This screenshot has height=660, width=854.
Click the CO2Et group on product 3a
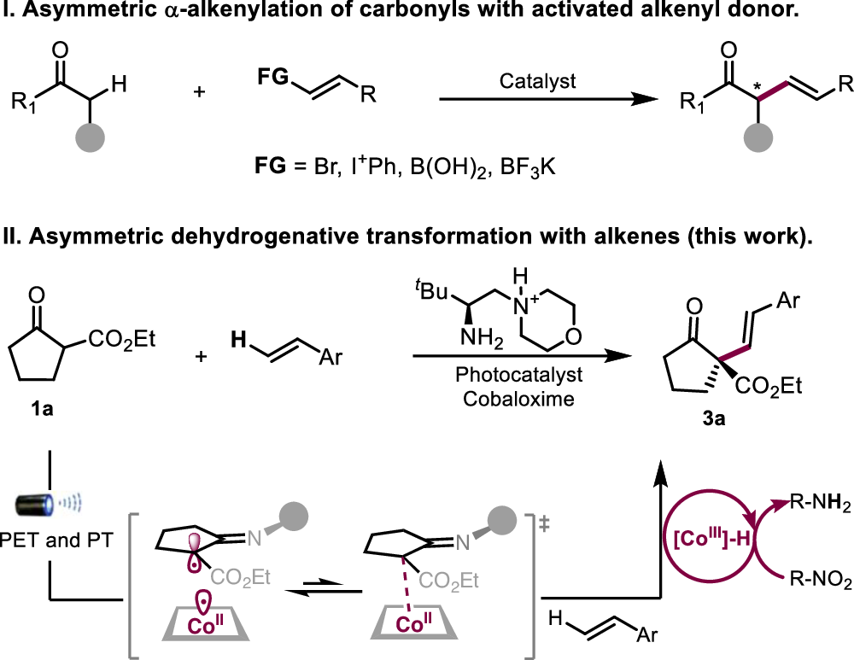[769, 386]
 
